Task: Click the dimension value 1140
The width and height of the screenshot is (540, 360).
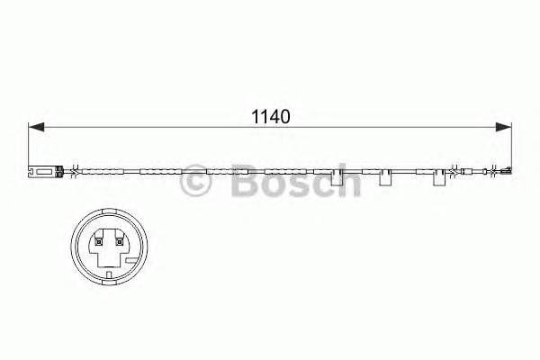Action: (x=267, y=116)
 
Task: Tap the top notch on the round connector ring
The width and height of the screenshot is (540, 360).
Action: (x=107, y=215)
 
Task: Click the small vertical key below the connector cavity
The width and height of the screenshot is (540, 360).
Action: (x=107, y=270)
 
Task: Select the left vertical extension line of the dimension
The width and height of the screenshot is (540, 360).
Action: (x=29, y=144)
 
